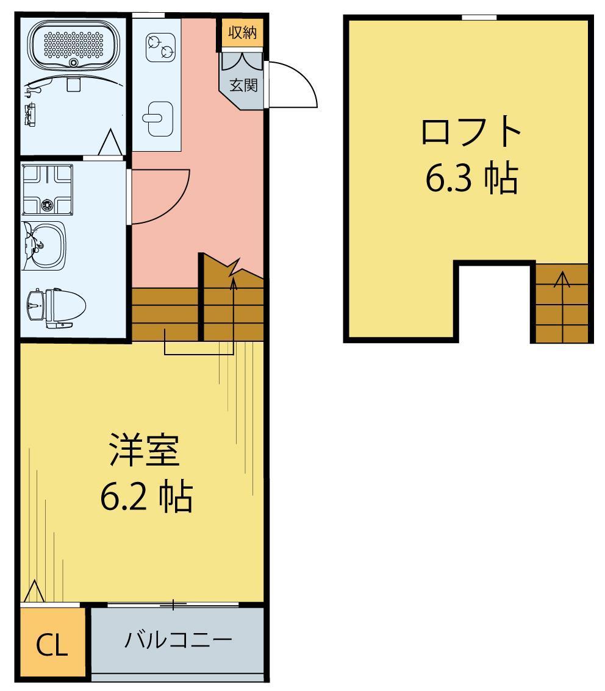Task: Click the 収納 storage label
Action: [242, 33]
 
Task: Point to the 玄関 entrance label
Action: [243, 85]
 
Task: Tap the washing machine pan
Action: [48, 189]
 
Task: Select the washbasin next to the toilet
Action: [45, 245]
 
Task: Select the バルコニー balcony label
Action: [179, 640]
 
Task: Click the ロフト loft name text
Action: [471, 133]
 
